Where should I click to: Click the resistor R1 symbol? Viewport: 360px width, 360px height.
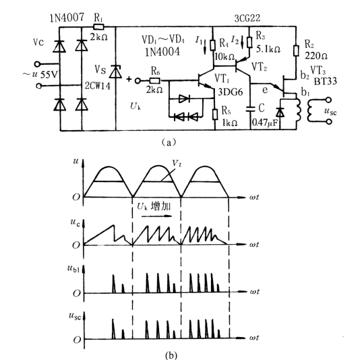98,27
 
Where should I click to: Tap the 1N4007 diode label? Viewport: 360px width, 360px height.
67,18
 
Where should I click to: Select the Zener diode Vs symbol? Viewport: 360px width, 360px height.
115,71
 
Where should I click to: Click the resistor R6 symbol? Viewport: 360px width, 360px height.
155,81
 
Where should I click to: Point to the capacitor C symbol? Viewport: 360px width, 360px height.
250,109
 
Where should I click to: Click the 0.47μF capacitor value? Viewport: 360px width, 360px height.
265,123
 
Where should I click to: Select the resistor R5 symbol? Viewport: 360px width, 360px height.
215,115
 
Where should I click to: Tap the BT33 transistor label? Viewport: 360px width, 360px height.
326,81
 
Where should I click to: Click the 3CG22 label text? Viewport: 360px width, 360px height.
247,18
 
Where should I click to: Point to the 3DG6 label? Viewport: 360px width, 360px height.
230,92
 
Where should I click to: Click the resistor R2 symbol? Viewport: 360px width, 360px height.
296,51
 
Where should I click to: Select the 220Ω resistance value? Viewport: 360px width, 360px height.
316,56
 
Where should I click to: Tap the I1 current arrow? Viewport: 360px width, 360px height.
205,48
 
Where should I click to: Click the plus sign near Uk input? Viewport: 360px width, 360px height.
129,80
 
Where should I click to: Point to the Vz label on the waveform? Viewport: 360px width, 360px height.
177,163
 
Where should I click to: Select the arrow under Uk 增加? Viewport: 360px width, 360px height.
157,216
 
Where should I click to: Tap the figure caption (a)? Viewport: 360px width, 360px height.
169,142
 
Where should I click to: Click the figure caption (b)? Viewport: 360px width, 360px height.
171,355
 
